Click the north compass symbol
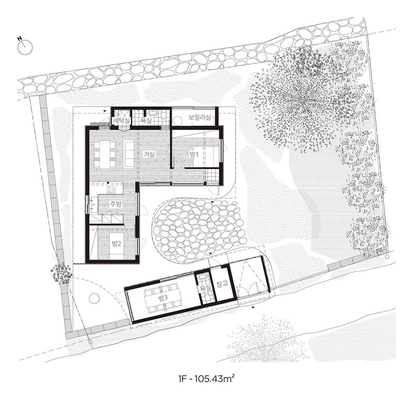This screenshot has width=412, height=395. (25, 47)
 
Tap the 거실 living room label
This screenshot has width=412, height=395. (149, 154)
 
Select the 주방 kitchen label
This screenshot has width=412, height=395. (116, 204)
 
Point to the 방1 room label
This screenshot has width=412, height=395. (194, 155)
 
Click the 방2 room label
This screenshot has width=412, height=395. (116, 244)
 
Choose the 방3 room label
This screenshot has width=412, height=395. (163, 298)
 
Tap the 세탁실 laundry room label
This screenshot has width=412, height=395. (121, 121)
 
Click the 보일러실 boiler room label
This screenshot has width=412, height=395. (200, 117)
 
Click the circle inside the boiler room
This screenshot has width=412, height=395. (177, 121)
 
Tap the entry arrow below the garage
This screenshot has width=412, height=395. (253, 307)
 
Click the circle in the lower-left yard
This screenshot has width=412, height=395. (95, 299)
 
